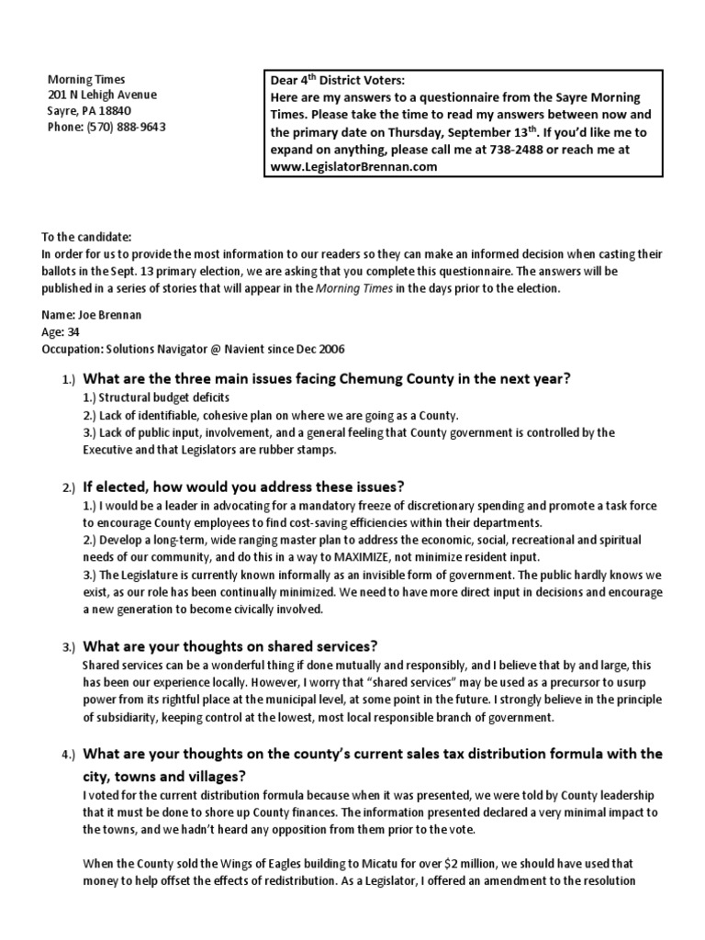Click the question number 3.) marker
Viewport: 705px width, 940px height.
click(x=70, y=647)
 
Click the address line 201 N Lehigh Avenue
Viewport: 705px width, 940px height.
click(x=102, y=95)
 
